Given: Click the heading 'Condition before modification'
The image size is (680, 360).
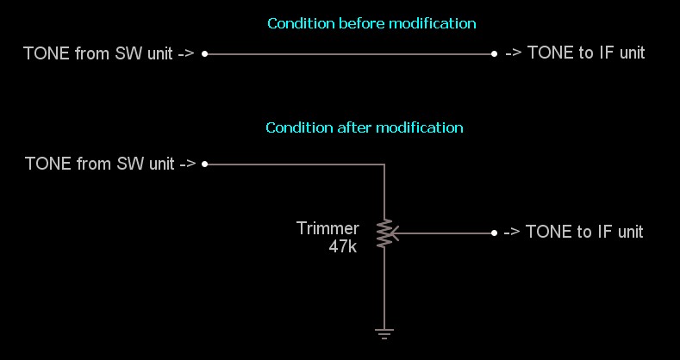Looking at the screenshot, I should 371,23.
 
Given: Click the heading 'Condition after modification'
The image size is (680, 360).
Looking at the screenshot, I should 365,127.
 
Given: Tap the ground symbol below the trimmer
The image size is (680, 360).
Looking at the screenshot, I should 384,332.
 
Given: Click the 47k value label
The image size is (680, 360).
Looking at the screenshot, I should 342,245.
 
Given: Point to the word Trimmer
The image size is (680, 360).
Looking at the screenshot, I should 328,228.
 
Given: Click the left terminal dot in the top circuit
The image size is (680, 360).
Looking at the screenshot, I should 204,53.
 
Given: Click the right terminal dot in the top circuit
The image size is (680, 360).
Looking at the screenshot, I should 494,53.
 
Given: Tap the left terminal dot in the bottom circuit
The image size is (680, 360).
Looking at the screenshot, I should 204,164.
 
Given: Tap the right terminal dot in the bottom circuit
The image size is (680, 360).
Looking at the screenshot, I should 494,233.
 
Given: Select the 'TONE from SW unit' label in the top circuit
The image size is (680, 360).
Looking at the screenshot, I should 109,53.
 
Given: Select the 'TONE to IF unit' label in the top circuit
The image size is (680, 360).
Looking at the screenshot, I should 575,53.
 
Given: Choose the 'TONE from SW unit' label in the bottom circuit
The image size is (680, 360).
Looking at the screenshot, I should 110,164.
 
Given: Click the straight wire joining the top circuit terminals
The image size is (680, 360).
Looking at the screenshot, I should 349,53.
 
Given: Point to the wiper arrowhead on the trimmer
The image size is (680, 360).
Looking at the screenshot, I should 396,233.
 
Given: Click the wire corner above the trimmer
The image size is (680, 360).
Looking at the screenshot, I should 384,164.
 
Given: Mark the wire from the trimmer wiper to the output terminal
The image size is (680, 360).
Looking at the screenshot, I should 444,233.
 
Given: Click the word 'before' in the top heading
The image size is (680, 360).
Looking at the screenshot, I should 359,23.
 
